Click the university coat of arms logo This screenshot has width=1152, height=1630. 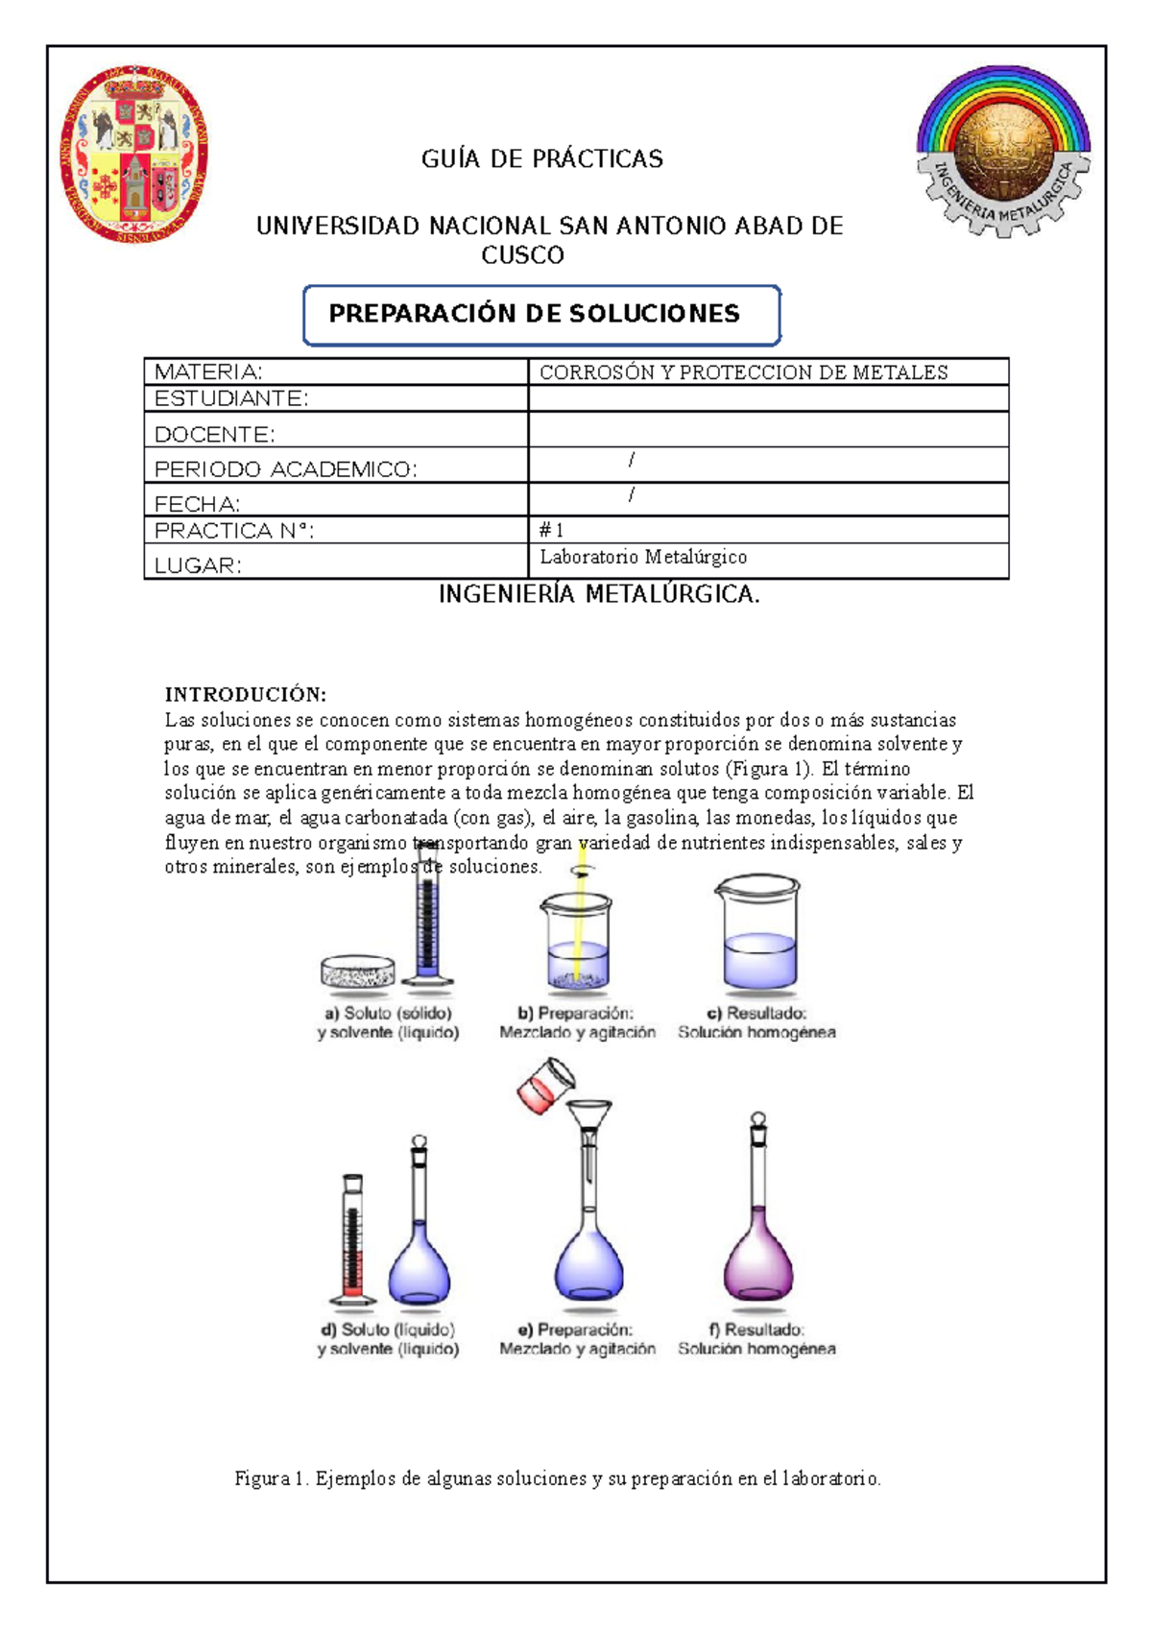tap(133, 155)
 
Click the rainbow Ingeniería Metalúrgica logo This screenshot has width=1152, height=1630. tap(1003, 152)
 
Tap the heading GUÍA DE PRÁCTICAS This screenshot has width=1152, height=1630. tap(541, 159)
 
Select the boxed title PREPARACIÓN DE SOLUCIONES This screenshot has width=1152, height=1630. tap(541, 315)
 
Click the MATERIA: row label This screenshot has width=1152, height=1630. tap(209, 372)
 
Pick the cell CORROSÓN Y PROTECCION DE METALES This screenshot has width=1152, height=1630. tap(743, 372)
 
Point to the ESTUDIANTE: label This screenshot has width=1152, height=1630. tap(231, 398)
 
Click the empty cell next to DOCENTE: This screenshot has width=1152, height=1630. tap(767, 429)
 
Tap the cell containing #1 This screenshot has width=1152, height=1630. tap(767, 530)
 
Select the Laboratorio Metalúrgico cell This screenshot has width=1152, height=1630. tap(643, 558)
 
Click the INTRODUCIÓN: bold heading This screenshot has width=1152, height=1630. tap(246, 694)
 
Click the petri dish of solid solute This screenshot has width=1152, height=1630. tap(357, 972)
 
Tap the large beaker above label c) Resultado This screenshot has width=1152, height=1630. tap(758, 936)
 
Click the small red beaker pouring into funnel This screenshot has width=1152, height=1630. tap(544, 1086)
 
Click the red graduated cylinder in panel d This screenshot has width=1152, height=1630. tap(352, 1239)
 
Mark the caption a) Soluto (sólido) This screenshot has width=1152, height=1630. tap(388, 1014)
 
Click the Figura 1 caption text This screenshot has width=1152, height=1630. tap(558, 1478)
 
